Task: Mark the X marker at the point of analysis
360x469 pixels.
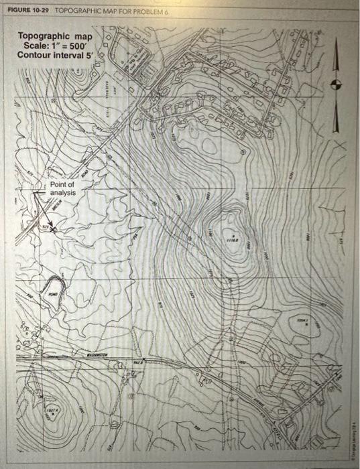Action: (x=54, y=230)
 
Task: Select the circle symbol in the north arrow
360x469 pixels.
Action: (x=337, y=84)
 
